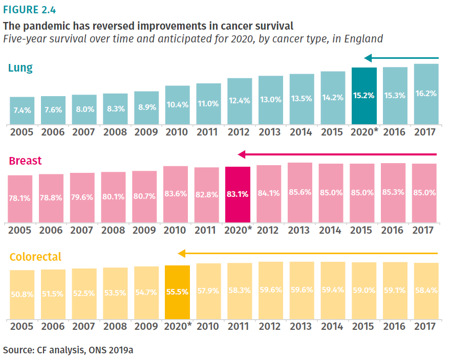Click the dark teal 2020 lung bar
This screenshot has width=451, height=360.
(364, 96)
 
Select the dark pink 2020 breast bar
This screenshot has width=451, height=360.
(238, 194)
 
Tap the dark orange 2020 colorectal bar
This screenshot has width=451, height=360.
(177, 292)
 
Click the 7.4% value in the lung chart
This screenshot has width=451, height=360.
(22, 110)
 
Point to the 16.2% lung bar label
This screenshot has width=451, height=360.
(426, 94)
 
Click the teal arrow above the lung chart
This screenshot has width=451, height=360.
(401, 58)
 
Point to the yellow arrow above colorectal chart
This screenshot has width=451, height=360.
(307, 253)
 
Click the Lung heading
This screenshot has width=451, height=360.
(20, 68)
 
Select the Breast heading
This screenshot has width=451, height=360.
(25, 161)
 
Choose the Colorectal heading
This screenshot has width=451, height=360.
(35, 257)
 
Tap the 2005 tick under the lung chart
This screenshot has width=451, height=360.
(22, 132)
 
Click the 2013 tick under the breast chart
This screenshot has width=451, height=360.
(299, 230)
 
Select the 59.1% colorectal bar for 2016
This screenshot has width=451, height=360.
(395, 290)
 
